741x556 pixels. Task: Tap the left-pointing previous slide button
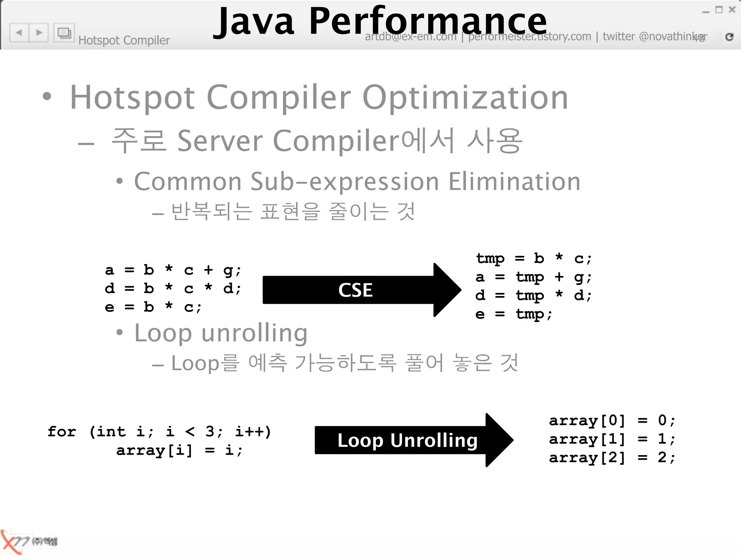(19, 33)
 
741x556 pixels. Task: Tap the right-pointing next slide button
(39, 33)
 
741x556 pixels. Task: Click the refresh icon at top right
(729, 37)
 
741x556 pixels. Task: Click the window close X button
(732, 10)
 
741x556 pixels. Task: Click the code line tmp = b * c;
(534, 258)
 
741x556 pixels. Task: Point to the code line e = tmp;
(514, 314)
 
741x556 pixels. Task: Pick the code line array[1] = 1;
(611, 439)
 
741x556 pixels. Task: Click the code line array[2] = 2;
(611, 458)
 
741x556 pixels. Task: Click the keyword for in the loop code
(62, 431)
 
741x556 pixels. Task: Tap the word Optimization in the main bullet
(465, 98)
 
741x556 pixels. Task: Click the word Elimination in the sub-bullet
(514, 181)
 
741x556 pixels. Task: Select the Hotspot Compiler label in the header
(124, 40)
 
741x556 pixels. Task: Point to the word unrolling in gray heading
(254, 333)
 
